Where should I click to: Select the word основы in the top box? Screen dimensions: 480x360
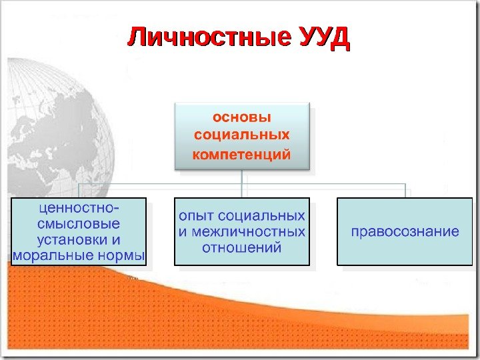pos(242,117)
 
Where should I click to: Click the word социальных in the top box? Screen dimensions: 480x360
pos(242,136)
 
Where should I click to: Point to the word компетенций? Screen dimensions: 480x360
pos(242,155)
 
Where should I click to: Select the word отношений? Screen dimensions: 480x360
pos(241,248)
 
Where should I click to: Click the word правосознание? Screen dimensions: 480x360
pos(405,232)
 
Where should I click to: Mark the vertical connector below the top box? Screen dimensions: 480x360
pos(242,177)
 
